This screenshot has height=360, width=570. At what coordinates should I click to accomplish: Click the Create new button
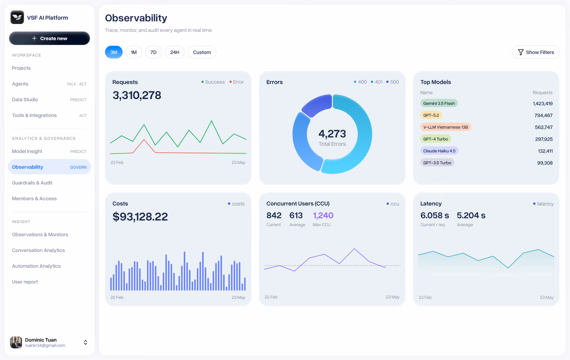coord(49,38)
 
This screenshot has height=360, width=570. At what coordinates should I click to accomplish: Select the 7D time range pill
coord(153,52)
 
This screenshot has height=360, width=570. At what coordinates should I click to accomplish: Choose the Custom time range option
coord(202,52)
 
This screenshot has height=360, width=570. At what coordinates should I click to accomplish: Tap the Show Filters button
coord(535,52)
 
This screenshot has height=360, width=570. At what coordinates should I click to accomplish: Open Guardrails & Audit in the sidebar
coord(32,183)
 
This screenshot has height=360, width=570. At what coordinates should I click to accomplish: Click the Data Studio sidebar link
coord(25,99)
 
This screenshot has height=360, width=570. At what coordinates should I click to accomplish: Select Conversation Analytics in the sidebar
coord(38,250)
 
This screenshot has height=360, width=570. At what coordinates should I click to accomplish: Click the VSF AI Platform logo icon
coord(17,17)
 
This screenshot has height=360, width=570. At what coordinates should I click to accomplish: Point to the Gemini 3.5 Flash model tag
coord(439,103)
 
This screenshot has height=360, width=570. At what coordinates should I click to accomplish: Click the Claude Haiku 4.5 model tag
coord(439,151)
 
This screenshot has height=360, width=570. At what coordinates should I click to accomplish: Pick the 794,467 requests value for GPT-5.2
coord(543,115)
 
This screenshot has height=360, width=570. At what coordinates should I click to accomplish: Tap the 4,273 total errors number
coord(332,133)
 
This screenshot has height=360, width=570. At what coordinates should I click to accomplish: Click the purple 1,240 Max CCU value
coord(323,216)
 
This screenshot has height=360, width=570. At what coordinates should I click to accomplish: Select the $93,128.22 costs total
coord(140,216)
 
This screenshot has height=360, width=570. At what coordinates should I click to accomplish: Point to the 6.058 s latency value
coord(435,216)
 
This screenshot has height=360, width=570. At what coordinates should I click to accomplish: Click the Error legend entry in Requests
coord(237,82)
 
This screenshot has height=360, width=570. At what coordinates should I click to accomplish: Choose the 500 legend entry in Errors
coord(393,82)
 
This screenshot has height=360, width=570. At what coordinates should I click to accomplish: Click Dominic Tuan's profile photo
coord(16,342)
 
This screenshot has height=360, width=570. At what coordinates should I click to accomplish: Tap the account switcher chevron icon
coord(85,342)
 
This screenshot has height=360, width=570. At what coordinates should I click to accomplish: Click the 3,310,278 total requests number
coord(137,95)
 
